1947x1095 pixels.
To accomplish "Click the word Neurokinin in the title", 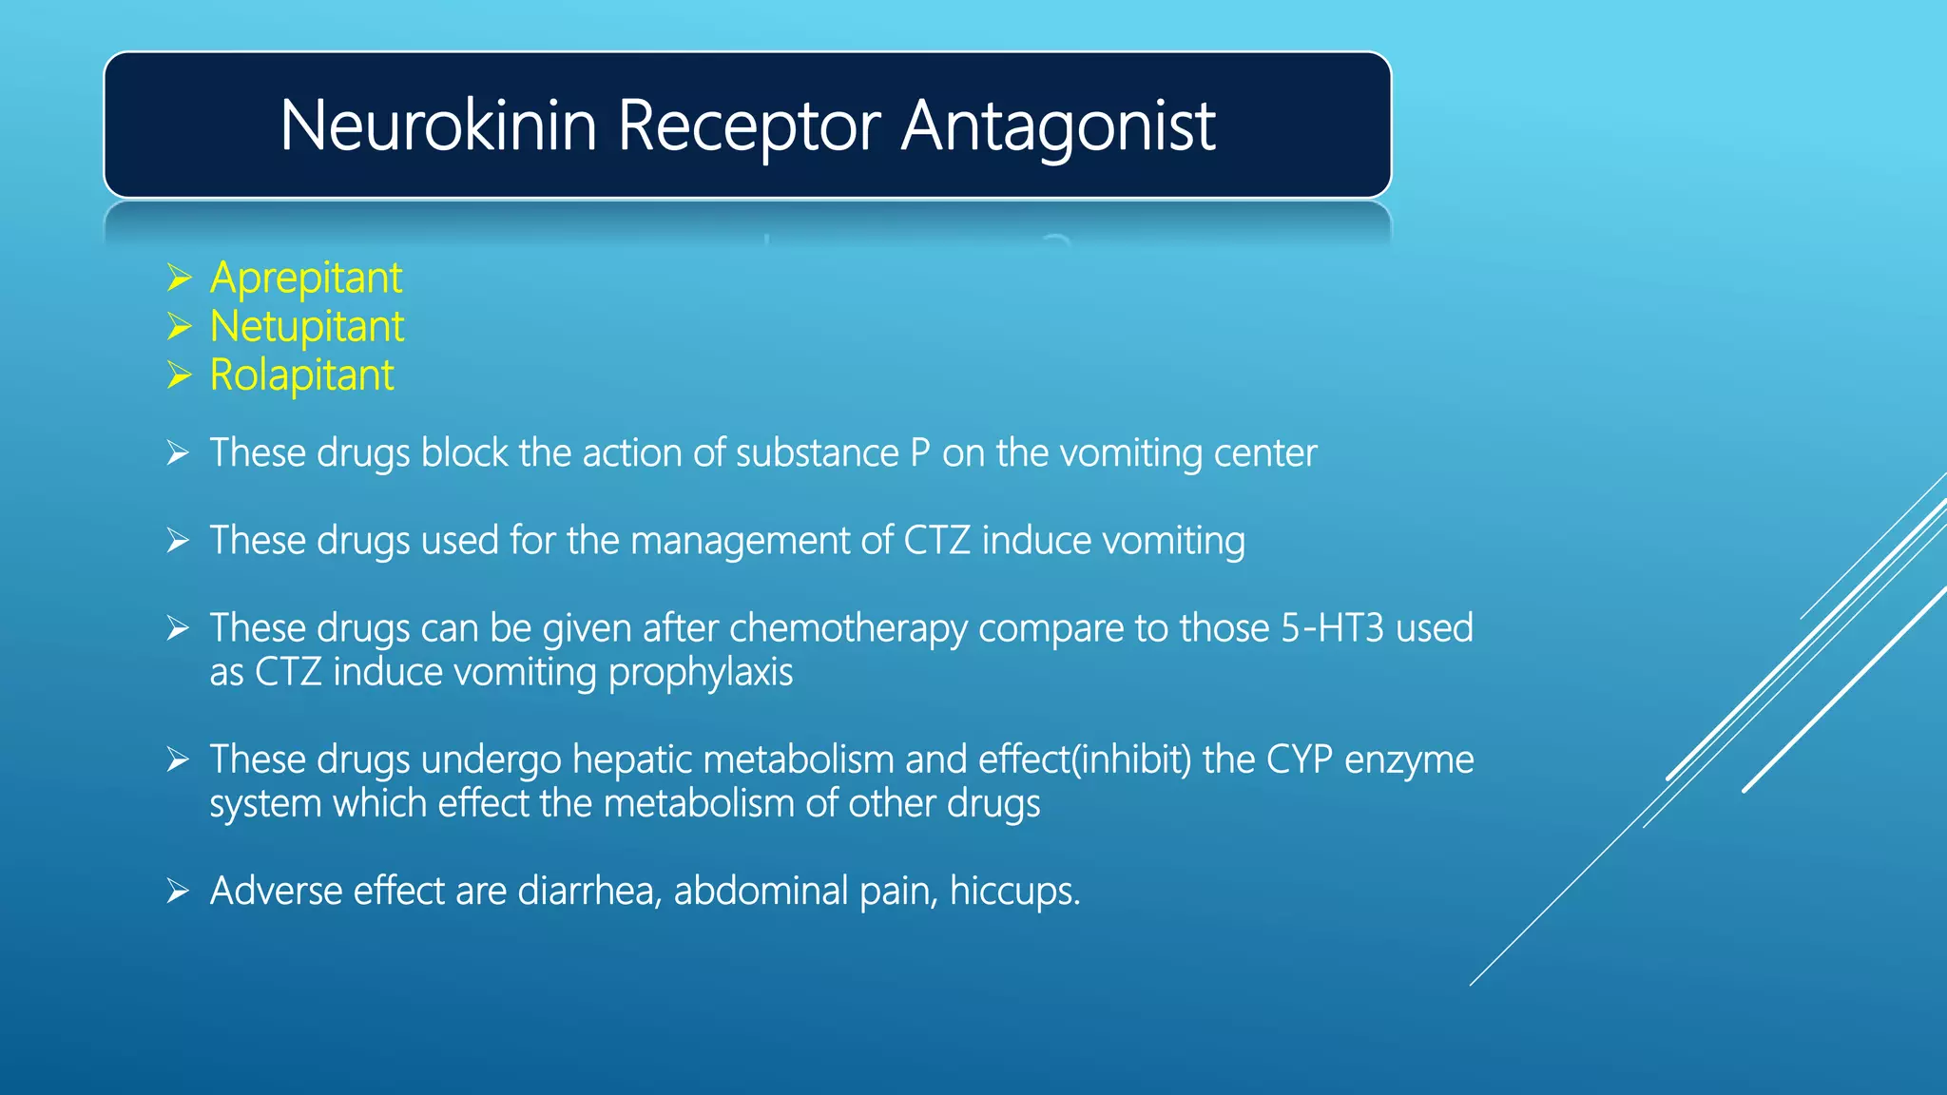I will coord(438,125).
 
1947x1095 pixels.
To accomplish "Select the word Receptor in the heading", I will coord(748,125).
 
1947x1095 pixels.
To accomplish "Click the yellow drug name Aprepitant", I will coord(306,279).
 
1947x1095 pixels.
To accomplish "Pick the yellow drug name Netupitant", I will coord(307,327).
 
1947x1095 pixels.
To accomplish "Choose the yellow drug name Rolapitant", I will coord(301,375).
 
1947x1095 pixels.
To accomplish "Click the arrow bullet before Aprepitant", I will coord(179,279).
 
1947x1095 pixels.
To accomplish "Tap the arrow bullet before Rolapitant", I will coord(179,375).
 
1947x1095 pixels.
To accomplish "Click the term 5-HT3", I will coord(1332,628).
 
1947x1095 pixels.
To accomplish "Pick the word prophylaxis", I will coord(701,673).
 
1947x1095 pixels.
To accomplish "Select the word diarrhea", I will coord(589,892).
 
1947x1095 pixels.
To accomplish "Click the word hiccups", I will coord(1014,892).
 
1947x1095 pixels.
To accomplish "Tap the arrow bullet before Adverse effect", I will coord(179,892).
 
